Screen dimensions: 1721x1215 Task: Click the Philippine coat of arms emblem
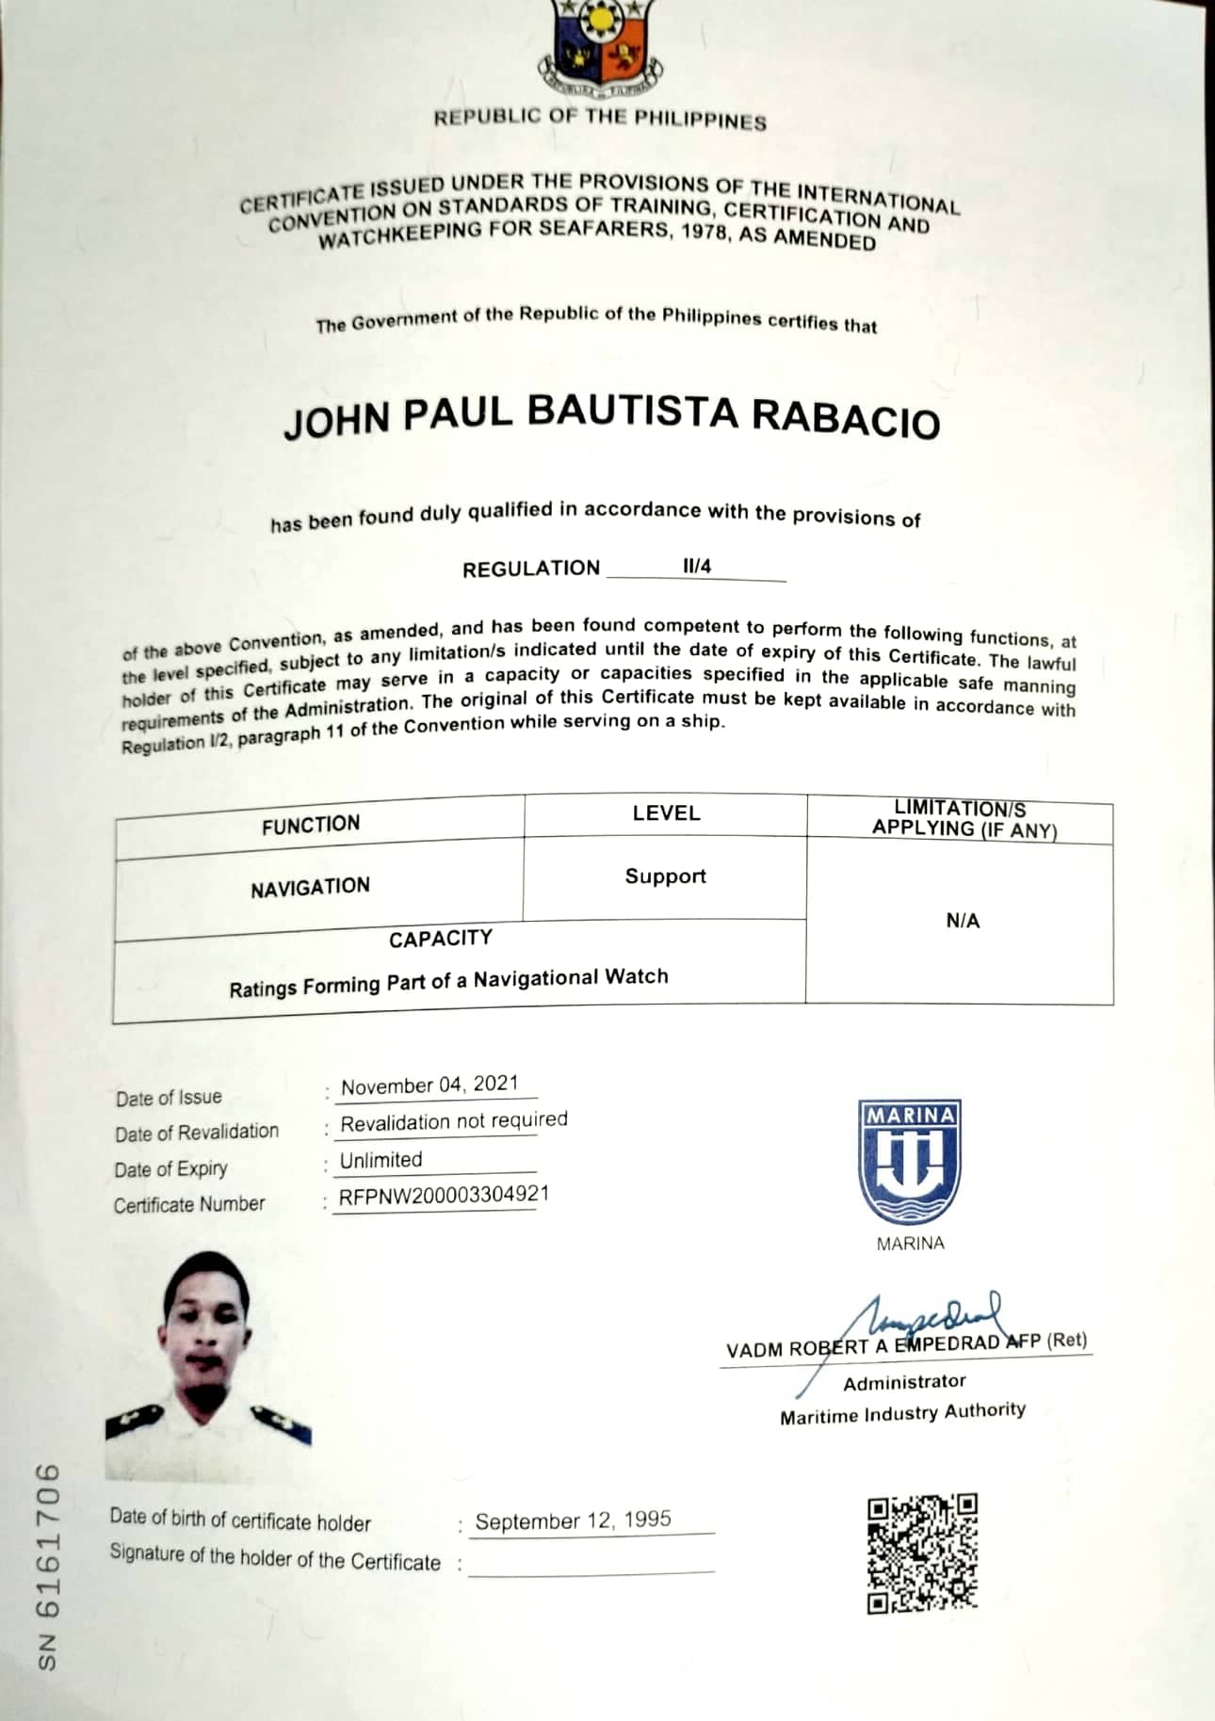600,47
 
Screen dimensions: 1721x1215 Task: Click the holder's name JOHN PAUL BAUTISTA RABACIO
612,417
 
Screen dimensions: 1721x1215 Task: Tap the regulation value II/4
697,566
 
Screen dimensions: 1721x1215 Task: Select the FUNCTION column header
311,825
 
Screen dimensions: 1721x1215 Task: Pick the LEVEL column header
666,812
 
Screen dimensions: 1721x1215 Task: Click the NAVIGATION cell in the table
310,887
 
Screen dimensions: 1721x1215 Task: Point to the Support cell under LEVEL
665,877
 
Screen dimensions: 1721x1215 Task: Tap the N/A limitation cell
963,921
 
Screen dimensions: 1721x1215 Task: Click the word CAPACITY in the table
440,939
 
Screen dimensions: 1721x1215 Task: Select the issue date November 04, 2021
429,1085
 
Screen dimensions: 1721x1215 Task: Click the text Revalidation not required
453,1121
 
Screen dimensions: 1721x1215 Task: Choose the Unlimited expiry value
381,1160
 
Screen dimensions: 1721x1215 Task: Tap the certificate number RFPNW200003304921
444,1196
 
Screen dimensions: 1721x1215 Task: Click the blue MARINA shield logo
910,1161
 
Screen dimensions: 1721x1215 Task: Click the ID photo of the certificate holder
207,1365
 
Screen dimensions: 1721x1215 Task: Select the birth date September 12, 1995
573,1520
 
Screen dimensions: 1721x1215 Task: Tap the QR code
922,1553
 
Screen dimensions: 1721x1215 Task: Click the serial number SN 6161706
49,1567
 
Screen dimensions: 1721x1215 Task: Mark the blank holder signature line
591,1566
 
